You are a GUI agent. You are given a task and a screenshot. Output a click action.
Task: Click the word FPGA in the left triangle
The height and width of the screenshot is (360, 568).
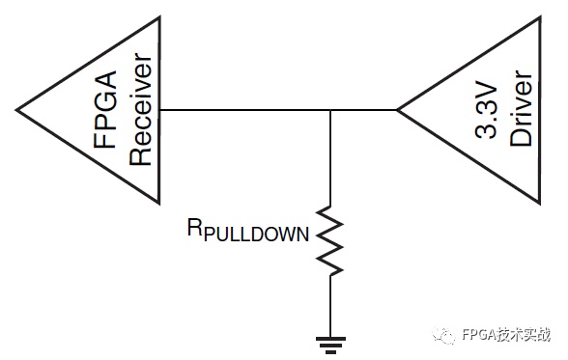click(105, 109)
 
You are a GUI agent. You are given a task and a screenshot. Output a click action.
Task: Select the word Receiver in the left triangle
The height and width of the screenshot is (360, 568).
click(141, 109)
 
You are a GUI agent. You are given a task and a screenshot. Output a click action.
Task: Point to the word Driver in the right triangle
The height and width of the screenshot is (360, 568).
click(521, 108)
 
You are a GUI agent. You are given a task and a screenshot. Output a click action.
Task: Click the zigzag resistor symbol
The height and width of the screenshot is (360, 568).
click(330, 240)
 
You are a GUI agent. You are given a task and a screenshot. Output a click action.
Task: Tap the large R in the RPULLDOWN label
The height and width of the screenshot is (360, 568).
click(194, 227)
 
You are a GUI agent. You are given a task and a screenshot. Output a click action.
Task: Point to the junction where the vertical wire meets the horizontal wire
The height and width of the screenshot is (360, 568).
click(330, 110)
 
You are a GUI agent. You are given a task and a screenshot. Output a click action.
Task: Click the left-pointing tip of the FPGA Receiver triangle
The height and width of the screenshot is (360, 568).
click(16, 110)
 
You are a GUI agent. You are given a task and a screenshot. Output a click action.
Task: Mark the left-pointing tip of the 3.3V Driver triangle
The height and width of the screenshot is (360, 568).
click(397, 110)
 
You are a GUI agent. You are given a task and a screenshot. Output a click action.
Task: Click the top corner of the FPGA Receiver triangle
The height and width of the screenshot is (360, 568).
click(159, 17)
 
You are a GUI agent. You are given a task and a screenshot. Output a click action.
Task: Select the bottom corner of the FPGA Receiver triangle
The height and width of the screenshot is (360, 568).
click(159, 203)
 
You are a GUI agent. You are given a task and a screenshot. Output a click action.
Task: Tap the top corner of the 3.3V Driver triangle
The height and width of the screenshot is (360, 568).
click(540, 17)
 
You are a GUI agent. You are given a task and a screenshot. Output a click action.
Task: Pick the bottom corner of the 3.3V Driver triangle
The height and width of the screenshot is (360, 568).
click(540, 203)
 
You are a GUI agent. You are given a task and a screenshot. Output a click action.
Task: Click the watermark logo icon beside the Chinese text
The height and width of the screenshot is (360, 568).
click(443, 335)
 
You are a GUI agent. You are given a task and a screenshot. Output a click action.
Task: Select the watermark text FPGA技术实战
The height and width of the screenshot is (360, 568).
click(506, 334)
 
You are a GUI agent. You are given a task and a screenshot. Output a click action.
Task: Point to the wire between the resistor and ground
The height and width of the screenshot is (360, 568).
click(330, 307)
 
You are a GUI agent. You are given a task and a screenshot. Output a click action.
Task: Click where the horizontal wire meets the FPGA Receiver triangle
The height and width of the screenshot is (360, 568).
click(159, 110)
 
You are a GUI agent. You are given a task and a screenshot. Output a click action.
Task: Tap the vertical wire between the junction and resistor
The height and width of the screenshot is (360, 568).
click(330, 157)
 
